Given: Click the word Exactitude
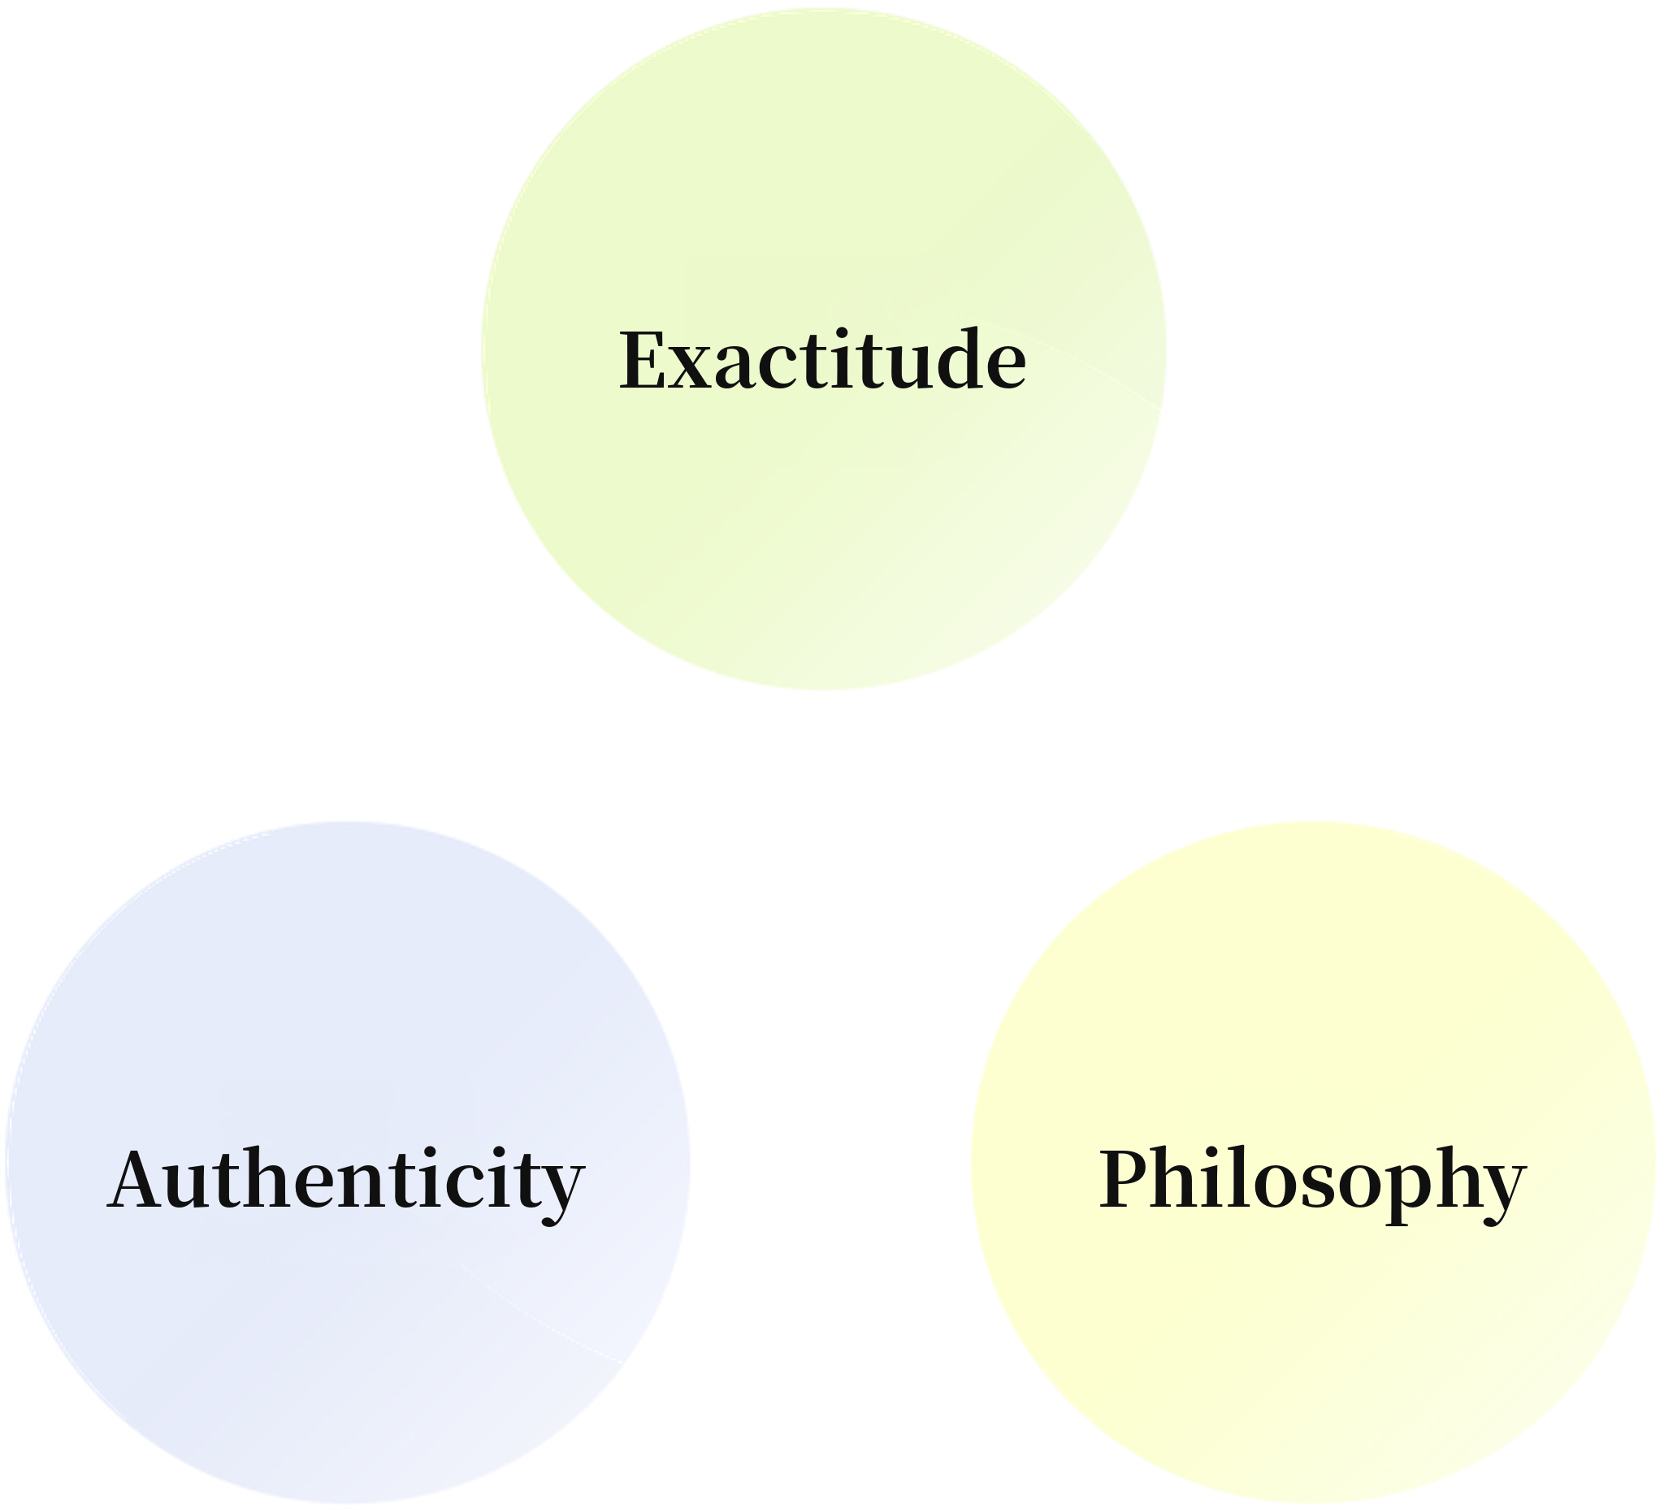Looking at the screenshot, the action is tap(823, 359).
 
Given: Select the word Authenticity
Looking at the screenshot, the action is tap(346, 1182).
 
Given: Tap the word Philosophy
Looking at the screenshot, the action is tap(1312, 1182).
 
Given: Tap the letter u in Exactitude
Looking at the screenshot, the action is tap(903, 369).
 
